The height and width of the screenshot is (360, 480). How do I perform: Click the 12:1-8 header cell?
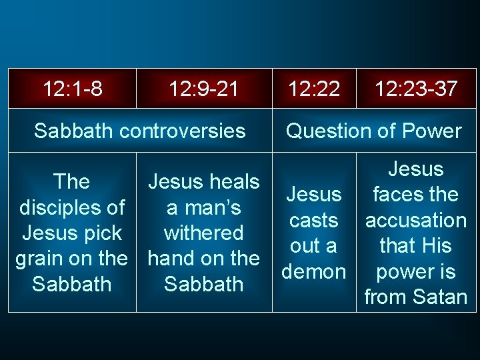73,88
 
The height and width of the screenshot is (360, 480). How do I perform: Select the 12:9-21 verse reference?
203,88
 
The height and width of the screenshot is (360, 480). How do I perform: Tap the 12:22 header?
314,88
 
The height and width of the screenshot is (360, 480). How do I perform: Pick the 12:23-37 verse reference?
416,88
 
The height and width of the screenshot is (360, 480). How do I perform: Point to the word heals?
230,181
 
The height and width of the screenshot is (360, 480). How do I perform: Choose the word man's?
213,207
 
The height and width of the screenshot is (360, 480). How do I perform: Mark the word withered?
203,233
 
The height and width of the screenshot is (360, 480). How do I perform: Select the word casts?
313,220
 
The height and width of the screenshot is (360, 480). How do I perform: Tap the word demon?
313,272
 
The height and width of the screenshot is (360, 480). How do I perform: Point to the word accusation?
415,220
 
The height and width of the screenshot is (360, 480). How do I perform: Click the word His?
435,246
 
